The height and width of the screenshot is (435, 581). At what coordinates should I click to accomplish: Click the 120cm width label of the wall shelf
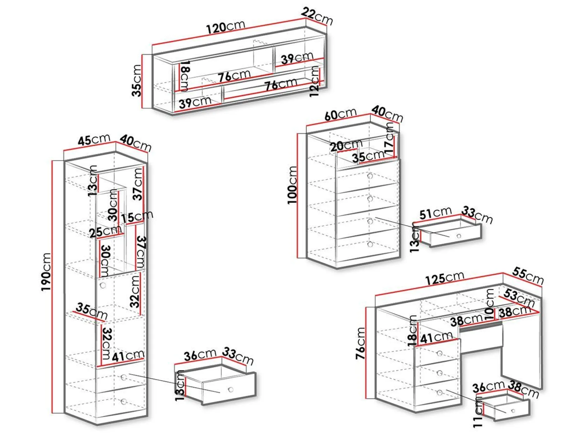226,27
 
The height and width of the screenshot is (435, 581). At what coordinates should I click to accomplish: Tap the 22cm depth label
317,16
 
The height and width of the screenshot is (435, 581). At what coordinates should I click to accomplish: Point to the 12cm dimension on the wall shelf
315,82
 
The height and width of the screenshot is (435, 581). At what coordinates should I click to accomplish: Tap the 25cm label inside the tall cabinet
105,231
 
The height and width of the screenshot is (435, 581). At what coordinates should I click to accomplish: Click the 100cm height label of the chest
292,185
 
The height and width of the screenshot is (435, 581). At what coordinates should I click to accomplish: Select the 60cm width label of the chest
340,114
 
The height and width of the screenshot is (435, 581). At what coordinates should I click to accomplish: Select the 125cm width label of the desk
445,278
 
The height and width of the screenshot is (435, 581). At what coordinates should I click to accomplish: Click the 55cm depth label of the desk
528,276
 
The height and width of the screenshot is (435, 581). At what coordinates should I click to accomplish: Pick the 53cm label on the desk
519,297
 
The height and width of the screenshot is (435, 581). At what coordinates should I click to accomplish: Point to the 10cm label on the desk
490,304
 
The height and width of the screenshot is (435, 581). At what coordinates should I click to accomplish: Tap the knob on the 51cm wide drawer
459,236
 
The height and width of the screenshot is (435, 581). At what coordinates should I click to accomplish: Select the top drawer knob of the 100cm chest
370,176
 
